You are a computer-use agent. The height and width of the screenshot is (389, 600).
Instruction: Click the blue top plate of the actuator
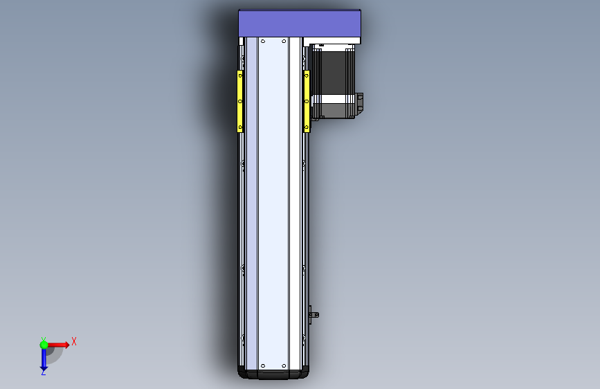click(300, 24)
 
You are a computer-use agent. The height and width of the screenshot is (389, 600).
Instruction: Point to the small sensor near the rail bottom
click(313, 314)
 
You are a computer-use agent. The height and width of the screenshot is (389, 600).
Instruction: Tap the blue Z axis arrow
click(44, 358)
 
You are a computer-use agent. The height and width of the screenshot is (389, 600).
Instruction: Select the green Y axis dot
click(44, 344)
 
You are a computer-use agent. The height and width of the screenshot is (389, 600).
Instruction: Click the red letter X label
click(73, 341)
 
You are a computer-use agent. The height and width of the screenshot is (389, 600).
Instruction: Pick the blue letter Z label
click(43, 372)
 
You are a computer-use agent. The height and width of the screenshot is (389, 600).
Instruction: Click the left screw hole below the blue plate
click(262, 41)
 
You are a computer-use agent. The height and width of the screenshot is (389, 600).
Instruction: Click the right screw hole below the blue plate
click(283, 41)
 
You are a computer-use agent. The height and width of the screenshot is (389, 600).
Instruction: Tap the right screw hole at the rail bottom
click(283, 365)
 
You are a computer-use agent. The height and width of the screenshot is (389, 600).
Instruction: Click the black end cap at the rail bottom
click(274, 374)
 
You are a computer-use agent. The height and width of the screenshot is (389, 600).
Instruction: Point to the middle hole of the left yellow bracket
click(240, 101)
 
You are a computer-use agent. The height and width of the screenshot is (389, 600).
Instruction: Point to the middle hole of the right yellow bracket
click(306, 101)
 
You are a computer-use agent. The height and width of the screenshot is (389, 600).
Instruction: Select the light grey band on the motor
click(334, 109)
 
